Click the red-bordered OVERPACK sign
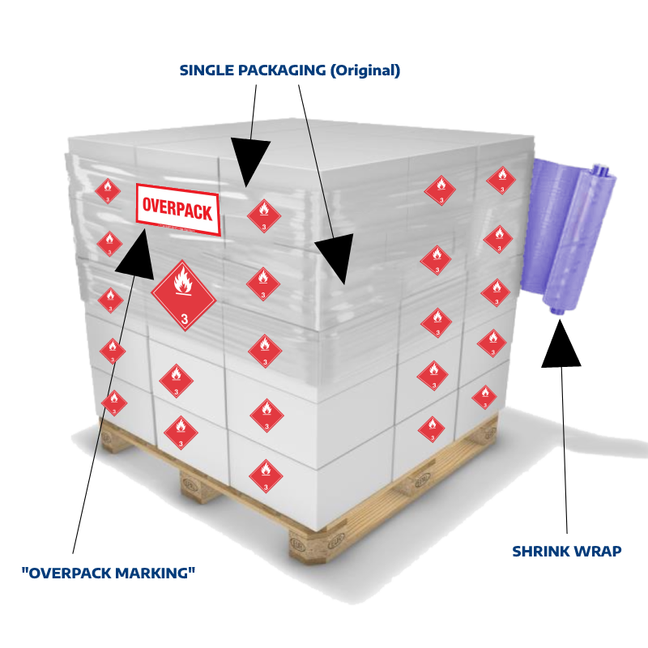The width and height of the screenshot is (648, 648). [x=178, y=209]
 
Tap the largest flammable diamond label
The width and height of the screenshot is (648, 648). [x=184, y=295]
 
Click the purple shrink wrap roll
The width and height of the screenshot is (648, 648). [x=573, y=235]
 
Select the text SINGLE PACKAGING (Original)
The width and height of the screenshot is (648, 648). [x=289, y=70]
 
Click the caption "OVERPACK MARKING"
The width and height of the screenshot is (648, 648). [x=109, y=573]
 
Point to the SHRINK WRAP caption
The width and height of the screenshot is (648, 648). [x=566, y=552]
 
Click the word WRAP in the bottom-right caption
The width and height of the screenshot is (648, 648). [x=599, y=552]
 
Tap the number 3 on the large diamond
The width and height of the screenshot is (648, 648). [x=184, y=316]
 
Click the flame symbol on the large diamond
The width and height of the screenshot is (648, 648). [x=184, y=285]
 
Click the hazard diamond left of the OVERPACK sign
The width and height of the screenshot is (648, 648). [x=107, y=191]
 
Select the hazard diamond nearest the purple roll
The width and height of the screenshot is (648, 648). [x=501, y=179]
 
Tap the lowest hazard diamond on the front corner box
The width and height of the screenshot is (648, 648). [x=265, y=475]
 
